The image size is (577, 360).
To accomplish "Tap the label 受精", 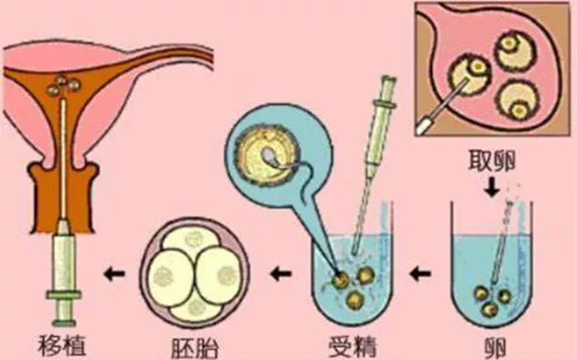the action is click(353, 346).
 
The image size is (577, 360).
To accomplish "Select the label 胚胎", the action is click(195, 347).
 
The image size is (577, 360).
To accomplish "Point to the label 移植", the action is click(62, 346).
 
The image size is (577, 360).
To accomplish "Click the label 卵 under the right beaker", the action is click(494, 347).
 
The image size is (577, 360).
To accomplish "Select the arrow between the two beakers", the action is click(420, 274).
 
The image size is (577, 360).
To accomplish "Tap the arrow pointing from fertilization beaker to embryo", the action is click(281, 274).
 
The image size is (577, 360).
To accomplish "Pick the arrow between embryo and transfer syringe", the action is click(114, 274).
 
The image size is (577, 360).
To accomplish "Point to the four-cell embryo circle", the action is click(195, 273).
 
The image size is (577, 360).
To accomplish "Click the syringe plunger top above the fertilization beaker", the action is click(388, 80).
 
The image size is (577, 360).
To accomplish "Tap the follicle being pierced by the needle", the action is click(471, 74).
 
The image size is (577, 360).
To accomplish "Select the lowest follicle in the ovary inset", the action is click(518, 100).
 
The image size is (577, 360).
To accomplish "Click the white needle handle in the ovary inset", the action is click(423, 124).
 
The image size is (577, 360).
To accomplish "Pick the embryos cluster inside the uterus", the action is click(63, 86).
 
